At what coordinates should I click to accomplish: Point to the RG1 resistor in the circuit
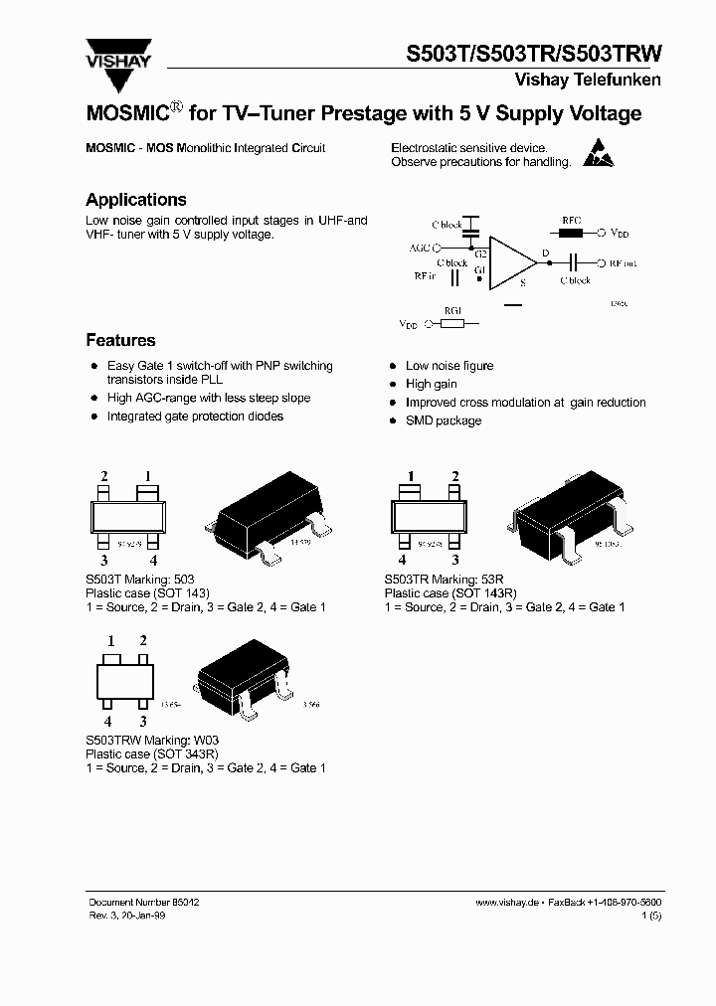click(452, 323)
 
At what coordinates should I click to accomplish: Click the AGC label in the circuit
click(419, 247)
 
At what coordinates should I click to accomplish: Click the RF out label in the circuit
click(623, 263)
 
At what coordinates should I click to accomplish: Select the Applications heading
click(136, 200)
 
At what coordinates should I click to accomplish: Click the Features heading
click(120, 340)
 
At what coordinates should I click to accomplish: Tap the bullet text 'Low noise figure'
click(448, 366)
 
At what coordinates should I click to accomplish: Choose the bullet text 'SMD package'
click(443, 420)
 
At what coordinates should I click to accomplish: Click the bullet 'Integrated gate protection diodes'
click(195, 417)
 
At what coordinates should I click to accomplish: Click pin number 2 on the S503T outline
click(103, 476)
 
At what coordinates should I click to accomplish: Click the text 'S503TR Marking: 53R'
click(441, 580)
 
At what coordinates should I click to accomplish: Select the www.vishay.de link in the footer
click(506, 901)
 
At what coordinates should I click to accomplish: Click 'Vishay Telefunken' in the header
click(587, 80)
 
